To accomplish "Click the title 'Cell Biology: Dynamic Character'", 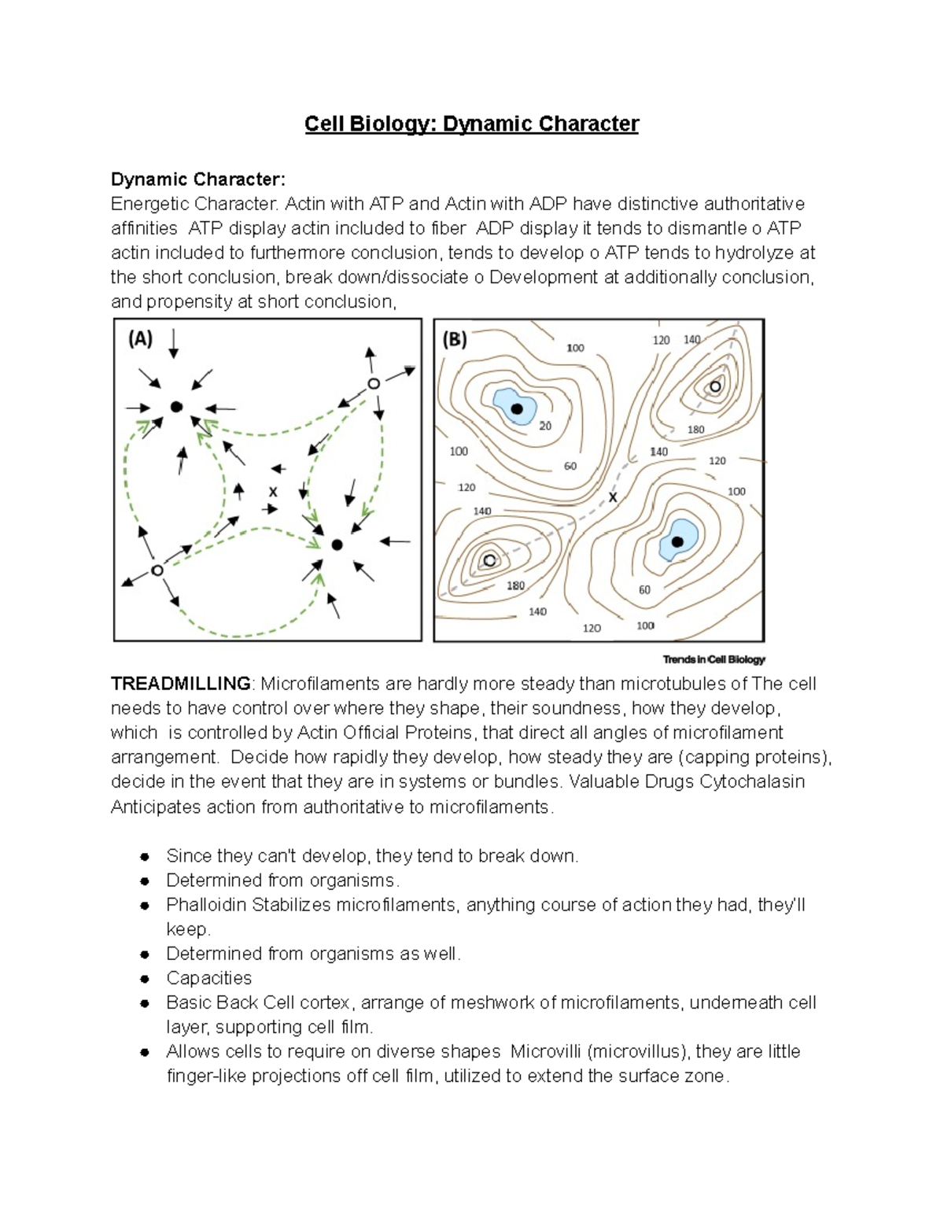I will coord(472,124).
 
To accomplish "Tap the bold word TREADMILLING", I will coord(181,684).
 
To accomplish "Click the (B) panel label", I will coord(455,340).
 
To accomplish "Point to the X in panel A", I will coord(273,492).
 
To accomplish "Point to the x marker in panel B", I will coord(613,497).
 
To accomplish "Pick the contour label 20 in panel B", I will coord(545,426).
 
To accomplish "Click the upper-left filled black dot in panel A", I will coord(177,407).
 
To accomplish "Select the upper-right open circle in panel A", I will coord(374,384).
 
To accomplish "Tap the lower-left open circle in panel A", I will coord(157,570).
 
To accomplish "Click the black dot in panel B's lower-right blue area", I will coord(677,541).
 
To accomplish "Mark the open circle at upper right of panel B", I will coord(715,386).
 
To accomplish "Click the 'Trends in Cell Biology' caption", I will coord(714,659).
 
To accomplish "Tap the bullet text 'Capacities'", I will coord(208,978).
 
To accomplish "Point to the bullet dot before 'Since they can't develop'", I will coord(144,857).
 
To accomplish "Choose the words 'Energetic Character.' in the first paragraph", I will coord(194,205).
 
